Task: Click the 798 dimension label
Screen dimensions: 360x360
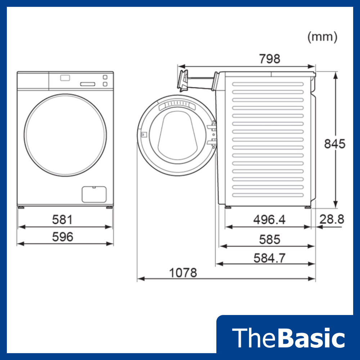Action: click(270, 59)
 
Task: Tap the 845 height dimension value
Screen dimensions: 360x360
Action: click(334, 144)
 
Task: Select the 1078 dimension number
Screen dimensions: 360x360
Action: click(183, 273)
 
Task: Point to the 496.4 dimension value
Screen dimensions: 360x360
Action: click(269, 220)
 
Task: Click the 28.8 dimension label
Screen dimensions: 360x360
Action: click(332, 219)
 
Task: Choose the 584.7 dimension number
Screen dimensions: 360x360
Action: click(269, 258)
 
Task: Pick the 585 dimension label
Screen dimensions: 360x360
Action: click(270, 239)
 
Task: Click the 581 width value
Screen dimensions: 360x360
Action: click(62, 220)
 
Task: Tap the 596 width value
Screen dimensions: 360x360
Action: click(62, 237)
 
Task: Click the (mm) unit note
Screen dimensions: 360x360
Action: click(322, 37)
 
